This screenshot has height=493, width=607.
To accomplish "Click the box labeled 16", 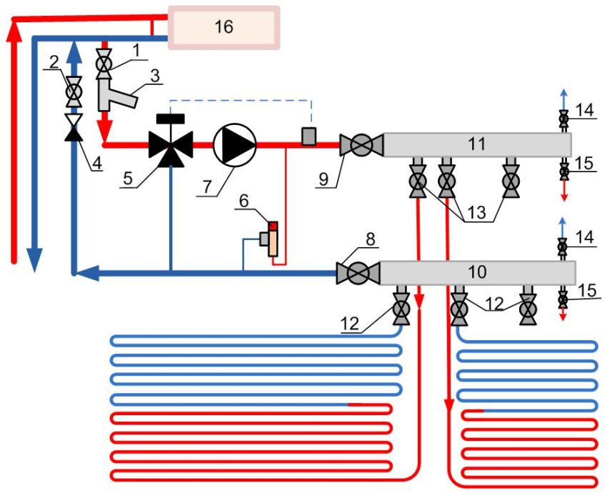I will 223,27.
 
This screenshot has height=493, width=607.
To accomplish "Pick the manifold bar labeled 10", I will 477,272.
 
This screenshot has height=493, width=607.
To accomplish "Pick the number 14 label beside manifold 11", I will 584,109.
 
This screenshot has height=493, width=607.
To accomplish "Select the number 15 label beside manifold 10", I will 584,291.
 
